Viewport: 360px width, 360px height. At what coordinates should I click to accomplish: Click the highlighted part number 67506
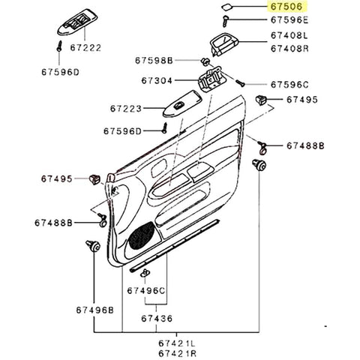click(288, 7)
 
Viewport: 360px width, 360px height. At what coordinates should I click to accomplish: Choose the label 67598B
click(154, 60)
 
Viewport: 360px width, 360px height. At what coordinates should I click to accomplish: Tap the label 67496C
click(145, 289)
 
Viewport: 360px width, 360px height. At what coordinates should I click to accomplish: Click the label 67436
click(157, 319)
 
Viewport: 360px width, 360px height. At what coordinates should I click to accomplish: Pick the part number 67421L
click(177, 341)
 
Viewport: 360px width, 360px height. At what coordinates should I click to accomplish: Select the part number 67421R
click(177, 352)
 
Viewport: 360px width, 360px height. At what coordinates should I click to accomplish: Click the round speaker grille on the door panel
click(139, 238)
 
